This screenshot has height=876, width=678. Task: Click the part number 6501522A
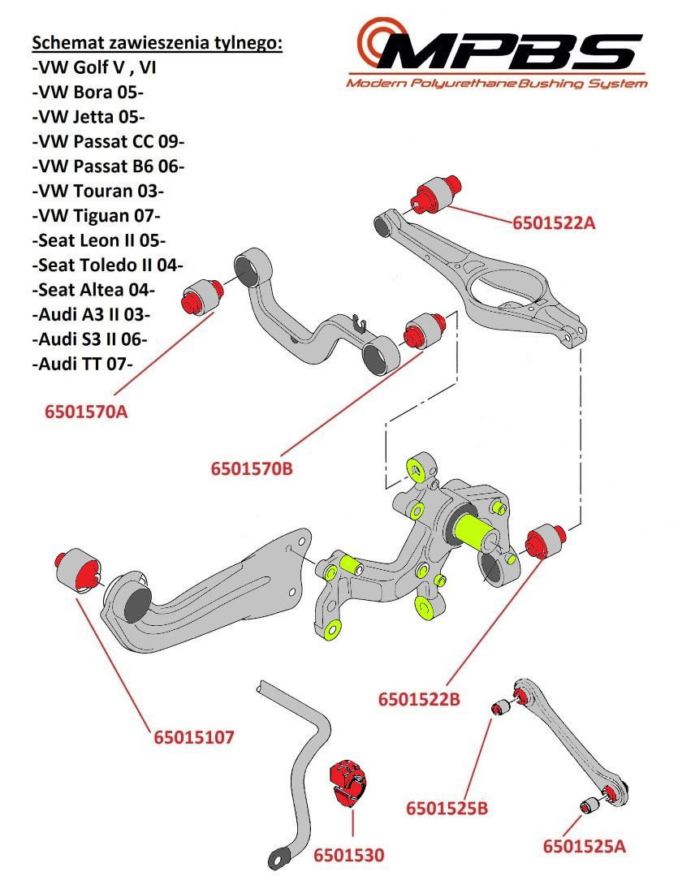pos(553,221)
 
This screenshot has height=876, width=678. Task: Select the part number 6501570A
pos(86,412)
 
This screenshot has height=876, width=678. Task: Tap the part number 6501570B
pos(251,468)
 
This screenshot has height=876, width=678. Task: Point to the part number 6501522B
pos(419,698)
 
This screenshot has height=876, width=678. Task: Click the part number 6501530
pos(348,855)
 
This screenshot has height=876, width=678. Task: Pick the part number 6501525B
pos(447,808)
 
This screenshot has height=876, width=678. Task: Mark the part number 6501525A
pos(584,847)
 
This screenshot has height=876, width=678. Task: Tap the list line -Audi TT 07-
pos(83,364)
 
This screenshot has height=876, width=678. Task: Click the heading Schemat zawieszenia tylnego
pos(157,43)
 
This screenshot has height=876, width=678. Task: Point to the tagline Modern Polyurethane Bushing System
pos(497,83)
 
